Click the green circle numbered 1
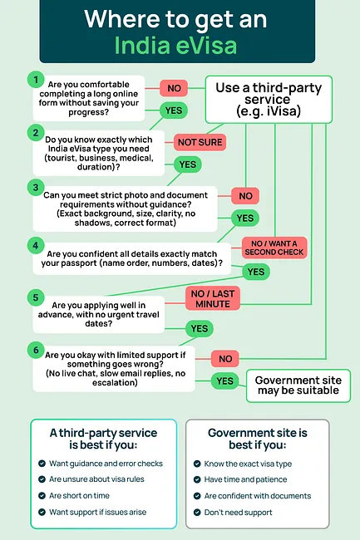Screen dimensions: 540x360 click(35, 80)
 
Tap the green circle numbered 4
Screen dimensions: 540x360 click(35, 245)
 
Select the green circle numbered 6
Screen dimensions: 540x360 click(35, 350)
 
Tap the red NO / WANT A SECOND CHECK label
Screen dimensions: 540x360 click(274, 247)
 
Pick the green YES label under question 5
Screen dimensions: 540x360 click(199, 328)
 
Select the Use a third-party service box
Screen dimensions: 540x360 click(263, 98)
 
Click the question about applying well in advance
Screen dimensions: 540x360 click(106, 309)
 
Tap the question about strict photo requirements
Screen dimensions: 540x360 click(125, 208)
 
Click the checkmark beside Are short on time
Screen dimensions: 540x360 click(42, 496)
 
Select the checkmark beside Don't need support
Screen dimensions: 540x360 click(197, 512)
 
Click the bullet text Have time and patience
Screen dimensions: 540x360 click(246, 479)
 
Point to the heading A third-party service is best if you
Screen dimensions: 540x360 click(103, 439)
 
